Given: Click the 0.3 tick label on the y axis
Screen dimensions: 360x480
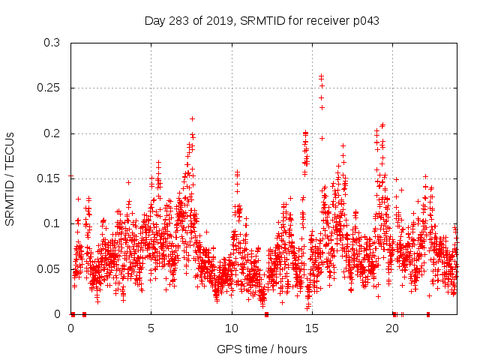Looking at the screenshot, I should click(52, 43).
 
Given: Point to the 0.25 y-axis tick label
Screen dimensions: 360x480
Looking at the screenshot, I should click(49, 88).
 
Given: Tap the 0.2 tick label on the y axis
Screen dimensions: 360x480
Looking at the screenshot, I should click(52, 133).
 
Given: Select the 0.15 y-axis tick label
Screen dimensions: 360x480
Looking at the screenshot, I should click(49, 178).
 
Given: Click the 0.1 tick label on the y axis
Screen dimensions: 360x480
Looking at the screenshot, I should click(52, 223).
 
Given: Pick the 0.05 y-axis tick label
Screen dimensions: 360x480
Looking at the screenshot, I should click(49, 268).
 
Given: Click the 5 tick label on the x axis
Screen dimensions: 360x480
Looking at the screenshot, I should click(151, 328).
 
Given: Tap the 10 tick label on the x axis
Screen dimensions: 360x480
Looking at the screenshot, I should click(231, 328).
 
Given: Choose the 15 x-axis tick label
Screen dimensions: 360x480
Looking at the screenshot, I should click(311, 328).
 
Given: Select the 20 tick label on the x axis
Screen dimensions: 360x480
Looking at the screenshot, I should click(391, 328).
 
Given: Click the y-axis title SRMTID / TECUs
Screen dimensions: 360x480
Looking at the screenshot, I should click(10, 178).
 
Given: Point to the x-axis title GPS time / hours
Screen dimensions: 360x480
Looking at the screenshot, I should click(262, 349).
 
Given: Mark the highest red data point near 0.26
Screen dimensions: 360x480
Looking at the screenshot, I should click(321, 76).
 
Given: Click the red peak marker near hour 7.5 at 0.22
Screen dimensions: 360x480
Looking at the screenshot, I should click(192, 118).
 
